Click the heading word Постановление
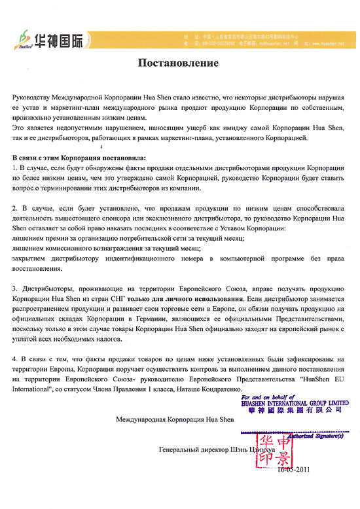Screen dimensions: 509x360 [180, 63]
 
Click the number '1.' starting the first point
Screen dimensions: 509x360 [16, 168]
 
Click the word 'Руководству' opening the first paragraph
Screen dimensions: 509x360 [36, 96]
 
